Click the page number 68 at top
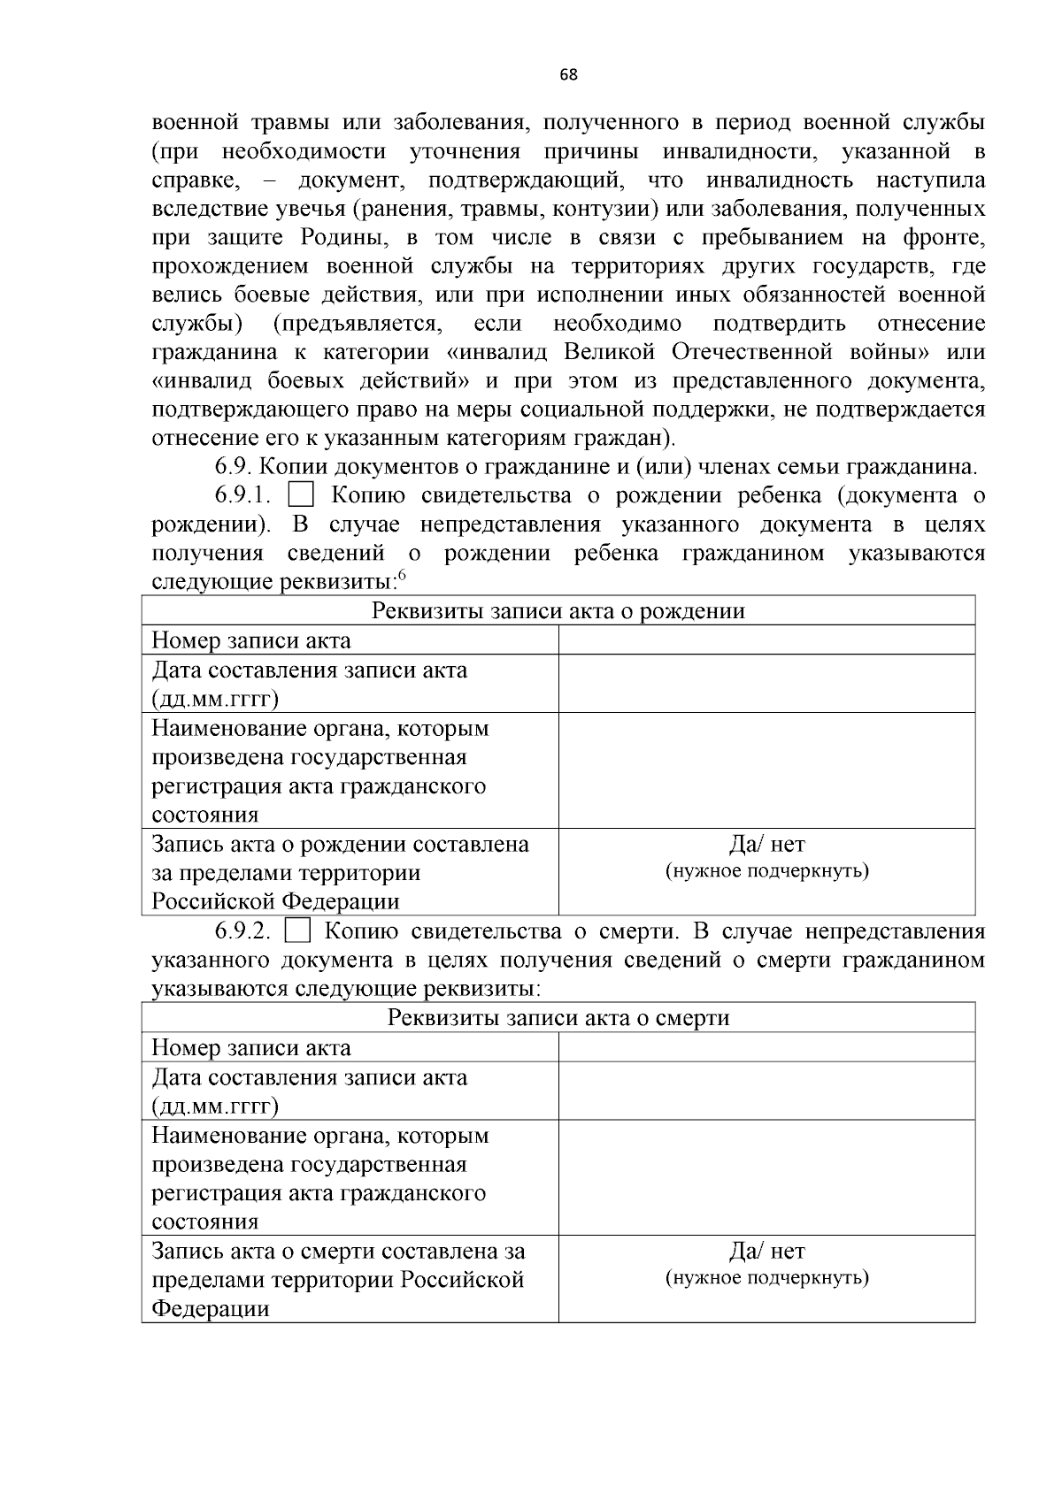[x=568, y=75]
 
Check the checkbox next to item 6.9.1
[x=301, y=495]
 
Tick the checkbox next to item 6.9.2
[x=297, y=931]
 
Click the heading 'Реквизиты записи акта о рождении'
[x=558, y=611]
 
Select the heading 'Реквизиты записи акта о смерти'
[x=558, y=1018]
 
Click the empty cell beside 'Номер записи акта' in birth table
[x=766, y=640]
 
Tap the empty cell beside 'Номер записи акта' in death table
[x=766, y=1047]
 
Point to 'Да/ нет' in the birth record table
[x=766, y=845]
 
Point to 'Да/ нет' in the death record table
[x=766, y=1252]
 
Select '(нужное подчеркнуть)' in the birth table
[x=766, y=871]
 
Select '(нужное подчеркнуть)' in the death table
[x=766, y=1278]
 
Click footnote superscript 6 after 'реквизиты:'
[x=402, y=576]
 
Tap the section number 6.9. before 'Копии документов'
[x=235, y=467]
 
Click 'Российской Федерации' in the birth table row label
[x=275, y=901]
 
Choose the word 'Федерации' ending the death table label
[x=210, y=1308]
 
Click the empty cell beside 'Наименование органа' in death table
[x=766, y=1177]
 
